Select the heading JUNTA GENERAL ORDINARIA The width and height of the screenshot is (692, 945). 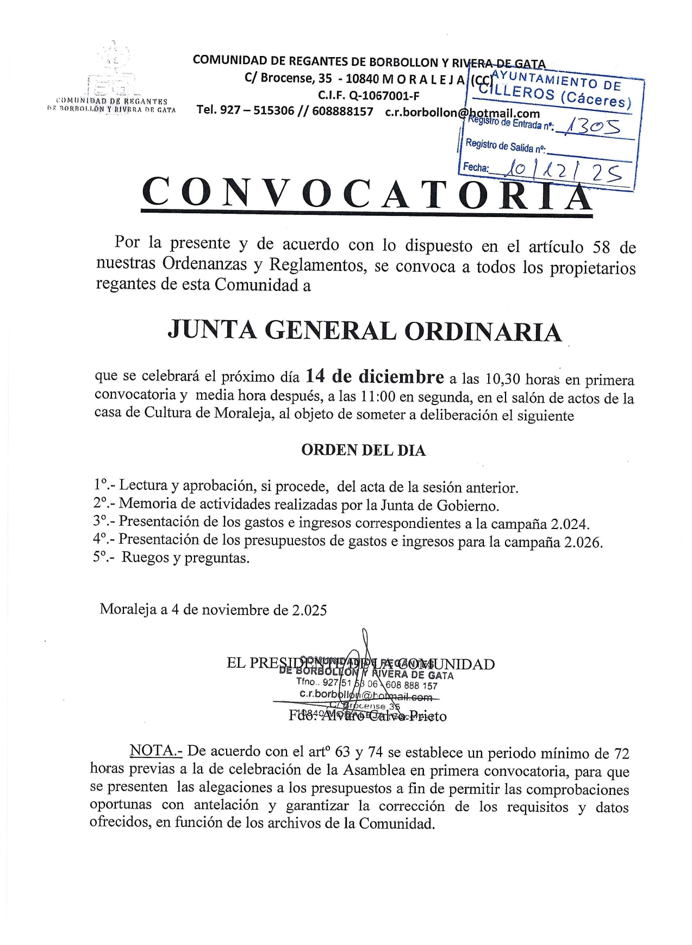365,331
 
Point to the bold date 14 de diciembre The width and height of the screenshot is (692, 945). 375,376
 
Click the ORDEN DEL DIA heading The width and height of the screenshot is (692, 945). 363,450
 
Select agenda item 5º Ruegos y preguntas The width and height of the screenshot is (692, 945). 171,558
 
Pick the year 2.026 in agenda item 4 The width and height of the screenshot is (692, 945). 583,542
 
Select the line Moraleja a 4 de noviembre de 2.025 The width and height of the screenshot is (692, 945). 213,609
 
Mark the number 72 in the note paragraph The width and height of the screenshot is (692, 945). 621,753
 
